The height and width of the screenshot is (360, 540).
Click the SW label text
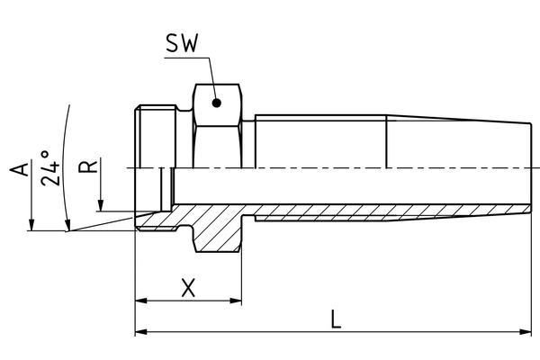(x=182, y=43)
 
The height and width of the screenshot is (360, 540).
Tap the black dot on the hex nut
(x=216, y=103)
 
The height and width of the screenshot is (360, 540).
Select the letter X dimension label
(x=188, y=288)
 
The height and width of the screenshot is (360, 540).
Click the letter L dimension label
(x=336, y=319)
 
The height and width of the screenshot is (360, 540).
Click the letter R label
(x=88, y=166)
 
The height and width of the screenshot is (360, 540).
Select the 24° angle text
(x=49, y=168)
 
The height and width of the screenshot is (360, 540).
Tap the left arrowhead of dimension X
(x=141, y=301)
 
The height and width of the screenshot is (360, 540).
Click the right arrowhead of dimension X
(x=236, y=301)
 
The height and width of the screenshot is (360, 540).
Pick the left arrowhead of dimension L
(x=141, y=332)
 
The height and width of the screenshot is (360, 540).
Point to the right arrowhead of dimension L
(x=526, y=332)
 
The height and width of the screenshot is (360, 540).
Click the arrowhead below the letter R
(x=101, y=206)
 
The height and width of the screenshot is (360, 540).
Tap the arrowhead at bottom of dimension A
(x=31, y=225)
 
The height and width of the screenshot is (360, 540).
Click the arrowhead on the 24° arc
(x=67, y=225)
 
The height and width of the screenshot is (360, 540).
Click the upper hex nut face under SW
(x=217, y=104)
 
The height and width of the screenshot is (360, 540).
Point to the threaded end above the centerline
(x=157, y=137)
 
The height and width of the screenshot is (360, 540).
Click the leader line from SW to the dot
(x=212, y=78)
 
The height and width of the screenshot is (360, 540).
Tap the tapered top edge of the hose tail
(x=458, y=119)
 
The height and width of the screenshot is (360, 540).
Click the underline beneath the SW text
(x=186, y=58)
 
